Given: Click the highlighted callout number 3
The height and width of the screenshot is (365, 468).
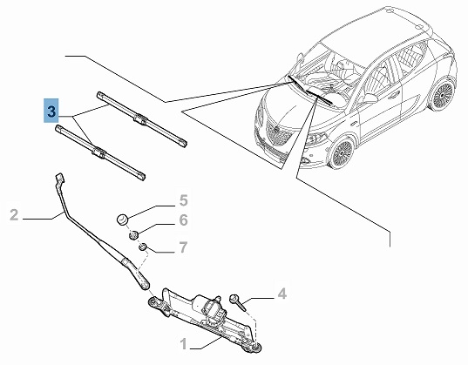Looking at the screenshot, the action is point(51,112).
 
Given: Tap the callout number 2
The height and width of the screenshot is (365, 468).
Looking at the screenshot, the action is point(14,215).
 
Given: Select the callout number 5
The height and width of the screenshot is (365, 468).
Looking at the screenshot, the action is point(184,200).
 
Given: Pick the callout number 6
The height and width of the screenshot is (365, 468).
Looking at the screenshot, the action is point(184,220).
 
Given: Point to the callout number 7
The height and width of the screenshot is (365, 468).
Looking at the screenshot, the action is point(183,247).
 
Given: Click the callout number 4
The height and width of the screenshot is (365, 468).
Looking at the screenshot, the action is point(281,294).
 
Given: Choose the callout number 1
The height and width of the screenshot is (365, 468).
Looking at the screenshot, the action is point(184,344).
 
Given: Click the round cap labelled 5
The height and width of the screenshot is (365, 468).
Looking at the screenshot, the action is point(122,220).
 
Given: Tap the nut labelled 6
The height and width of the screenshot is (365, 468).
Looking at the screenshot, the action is point(133,235).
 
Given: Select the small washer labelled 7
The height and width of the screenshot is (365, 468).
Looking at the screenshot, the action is point(143,247).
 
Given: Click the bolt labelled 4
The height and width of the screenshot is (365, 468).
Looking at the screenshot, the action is point(237,301).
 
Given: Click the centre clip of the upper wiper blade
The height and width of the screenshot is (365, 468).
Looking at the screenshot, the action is point(140,119).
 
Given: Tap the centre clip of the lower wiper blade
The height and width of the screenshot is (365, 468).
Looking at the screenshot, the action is point(98,152).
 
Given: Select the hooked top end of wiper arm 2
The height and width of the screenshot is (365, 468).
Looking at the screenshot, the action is point(60,179).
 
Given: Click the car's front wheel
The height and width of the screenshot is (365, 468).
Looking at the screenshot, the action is point(342,152).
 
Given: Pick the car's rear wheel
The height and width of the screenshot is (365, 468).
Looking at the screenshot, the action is point(443,94).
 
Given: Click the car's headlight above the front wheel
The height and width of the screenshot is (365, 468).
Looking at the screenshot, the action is point(316,139).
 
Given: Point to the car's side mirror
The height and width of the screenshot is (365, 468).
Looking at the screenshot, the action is point(369,98).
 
